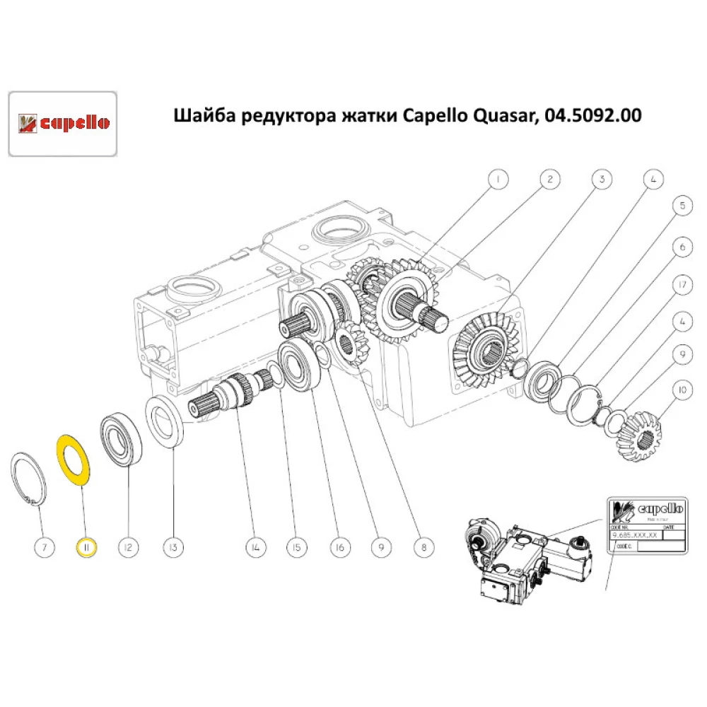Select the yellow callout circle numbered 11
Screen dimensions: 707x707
(86, 547)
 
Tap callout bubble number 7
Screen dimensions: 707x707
(44, 547)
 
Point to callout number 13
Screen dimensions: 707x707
(174, 547)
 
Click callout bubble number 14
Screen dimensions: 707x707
(255, 547)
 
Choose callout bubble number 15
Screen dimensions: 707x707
(296, 547)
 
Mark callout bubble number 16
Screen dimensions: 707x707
(340, 547)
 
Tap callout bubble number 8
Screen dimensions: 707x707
(423, 547)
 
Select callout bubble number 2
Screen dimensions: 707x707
(549, 180)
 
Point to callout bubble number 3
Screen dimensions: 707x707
(602, 180)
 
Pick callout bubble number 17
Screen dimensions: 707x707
(682, 285)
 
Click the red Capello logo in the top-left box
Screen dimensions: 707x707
(62, 123)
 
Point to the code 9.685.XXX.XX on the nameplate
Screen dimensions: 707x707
(634, 535)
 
